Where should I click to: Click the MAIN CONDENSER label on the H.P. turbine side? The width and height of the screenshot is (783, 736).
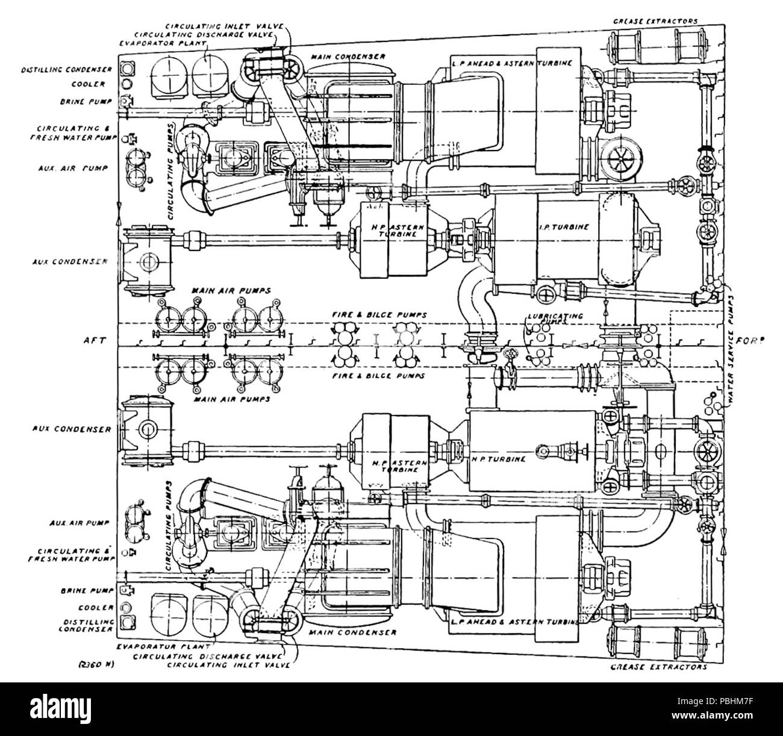(x=352, y=632)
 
